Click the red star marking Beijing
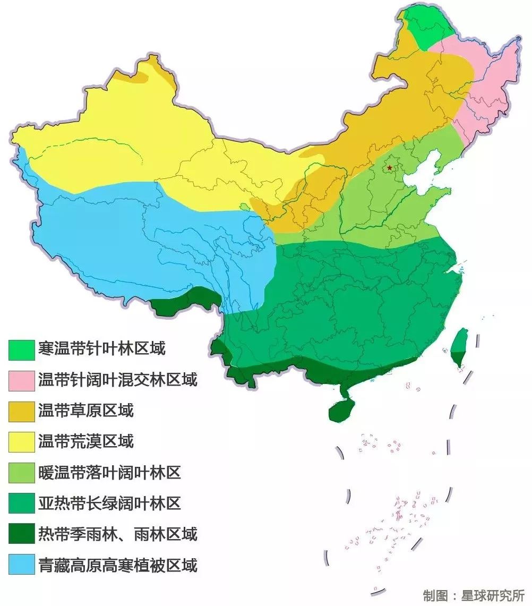[x=390, y=168]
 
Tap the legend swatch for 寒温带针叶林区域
[x=21, y=349]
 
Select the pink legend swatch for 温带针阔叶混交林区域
[x=21, y=380]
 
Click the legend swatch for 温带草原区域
[x=21, y=411]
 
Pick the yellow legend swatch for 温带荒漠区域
[x=21, y=442]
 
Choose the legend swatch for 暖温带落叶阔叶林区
[x=21, y=473]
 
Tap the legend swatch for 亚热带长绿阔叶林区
[x=21, y=503]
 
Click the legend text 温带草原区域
[x=86, y=411]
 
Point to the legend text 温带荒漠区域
[x=86, y=441]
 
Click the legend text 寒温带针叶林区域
[x=101, y=349]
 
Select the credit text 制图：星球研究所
[x=474, y=594]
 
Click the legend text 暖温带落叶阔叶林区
[x=109, y=472]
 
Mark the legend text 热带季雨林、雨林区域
[x=117, y=534]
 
